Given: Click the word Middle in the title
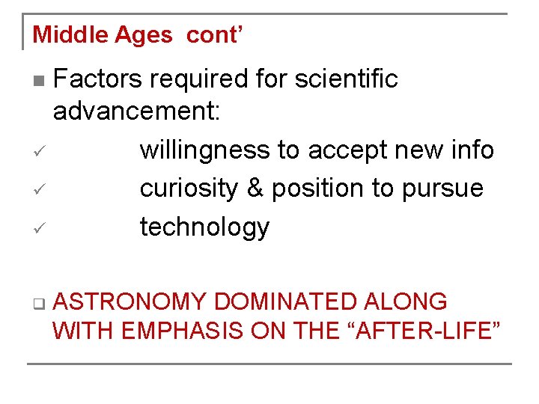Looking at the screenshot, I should point(64,34).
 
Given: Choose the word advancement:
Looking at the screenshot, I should point(136,112).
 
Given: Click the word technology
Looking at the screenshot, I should point(204,227).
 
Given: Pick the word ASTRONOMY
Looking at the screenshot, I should point(131,302).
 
